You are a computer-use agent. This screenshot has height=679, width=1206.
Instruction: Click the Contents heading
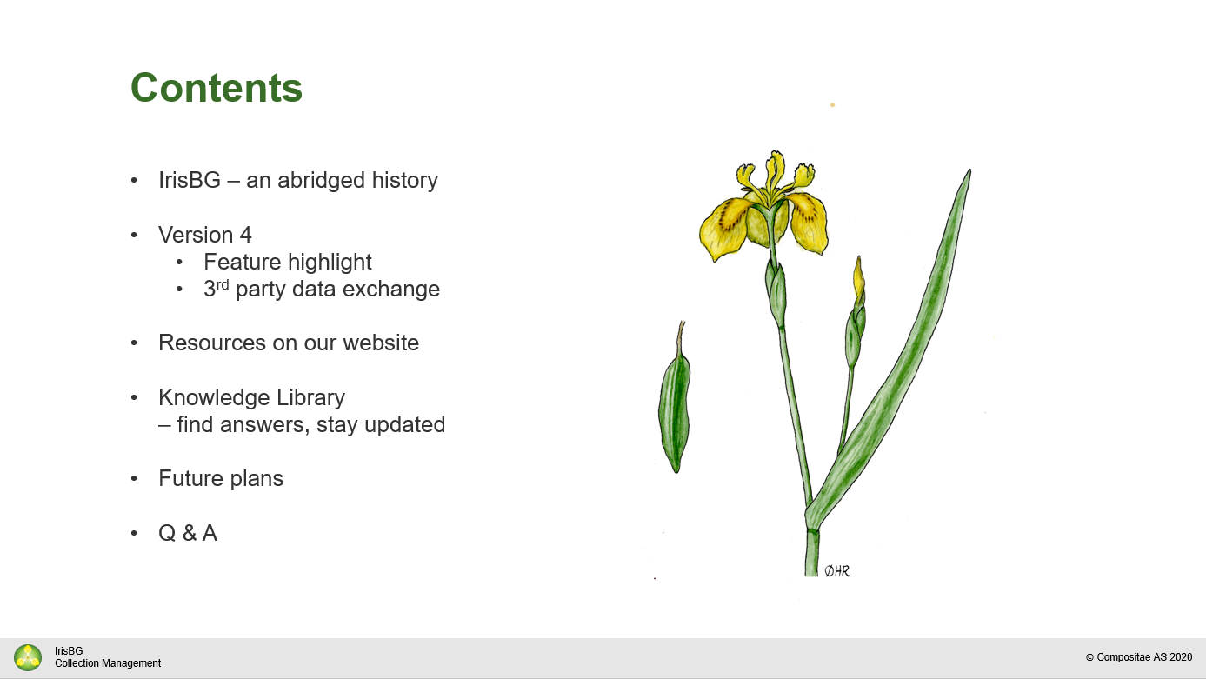click(x=217, y=88)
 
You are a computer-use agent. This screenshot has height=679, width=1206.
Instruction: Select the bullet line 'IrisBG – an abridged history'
click(x=298, y=180)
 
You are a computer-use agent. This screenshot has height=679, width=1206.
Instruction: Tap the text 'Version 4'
click(x=205, y=235)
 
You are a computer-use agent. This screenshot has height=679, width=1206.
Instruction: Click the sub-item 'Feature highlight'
click(x=288, y=263)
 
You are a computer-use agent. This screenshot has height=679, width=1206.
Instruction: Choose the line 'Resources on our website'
click(x=289, y=343)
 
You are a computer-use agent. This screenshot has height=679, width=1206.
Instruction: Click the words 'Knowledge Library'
click(x=251, y=398)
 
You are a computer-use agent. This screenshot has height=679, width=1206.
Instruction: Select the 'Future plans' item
click(x=221, y=479)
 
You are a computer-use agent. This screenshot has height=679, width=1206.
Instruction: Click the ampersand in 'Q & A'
click(x=189, y=533)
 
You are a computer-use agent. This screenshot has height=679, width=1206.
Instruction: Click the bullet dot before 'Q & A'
click(x=134, y=533)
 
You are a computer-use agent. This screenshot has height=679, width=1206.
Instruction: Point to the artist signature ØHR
click(x=836, y=571)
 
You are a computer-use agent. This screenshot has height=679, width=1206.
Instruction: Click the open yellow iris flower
click(x=763, y=207)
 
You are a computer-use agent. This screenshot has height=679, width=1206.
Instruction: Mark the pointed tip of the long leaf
click(x=970, y=170)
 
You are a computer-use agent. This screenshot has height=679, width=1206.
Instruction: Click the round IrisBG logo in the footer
click(x=28, y=657)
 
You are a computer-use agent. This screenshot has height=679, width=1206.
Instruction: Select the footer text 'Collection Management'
click(x=108, y=663)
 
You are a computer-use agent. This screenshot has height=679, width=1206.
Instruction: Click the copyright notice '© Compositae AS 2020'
click(x=1139, y=657)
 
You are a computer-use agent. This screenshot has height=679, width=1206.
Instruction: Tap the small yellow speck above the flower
click(x=832, y=105)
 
